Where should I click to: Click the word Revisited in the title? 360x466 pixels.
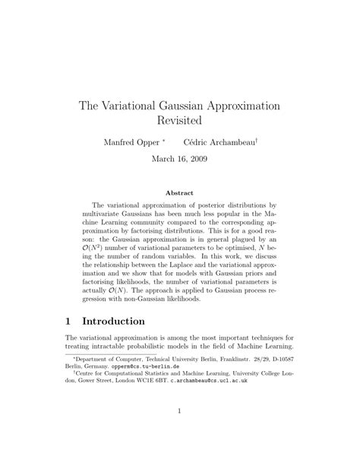pos(179,120)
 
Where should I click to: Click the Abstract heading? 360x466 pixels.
pos(179,193)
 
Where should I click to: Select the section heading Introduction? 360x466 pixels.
pos(125,322)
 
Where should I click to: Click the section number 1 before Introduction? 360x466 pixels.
pos(70,322)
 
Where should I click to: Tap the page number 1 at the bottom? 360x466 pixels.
pos(179,433)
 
